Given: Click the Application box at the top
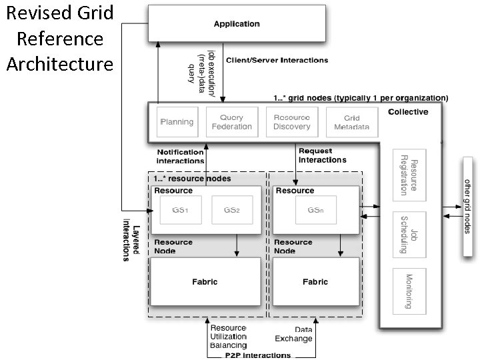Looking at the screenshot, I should point(236,25).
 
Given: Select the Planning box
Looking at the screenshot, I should point(177,122).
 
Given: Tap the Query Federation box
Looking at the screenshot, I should point(231,122).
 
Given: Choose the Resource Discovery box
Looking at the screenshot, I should point(291,122).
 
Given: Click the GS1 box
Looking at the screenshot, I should point(178,210).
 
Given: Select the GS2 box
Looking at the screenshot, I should point(231,210).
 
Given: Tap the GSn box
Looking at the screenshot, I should point(315,210).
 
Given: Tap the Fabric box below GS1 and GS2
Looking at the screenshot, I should point(205,282).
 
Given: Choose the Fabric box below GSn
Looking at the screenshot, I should point(315,282).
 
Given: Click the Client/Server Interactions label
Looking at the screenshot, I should point(277,60).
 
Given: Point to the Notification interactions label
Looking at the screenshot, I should point(180,157).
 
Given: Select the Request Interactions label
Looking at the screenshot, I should point(322,155).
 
